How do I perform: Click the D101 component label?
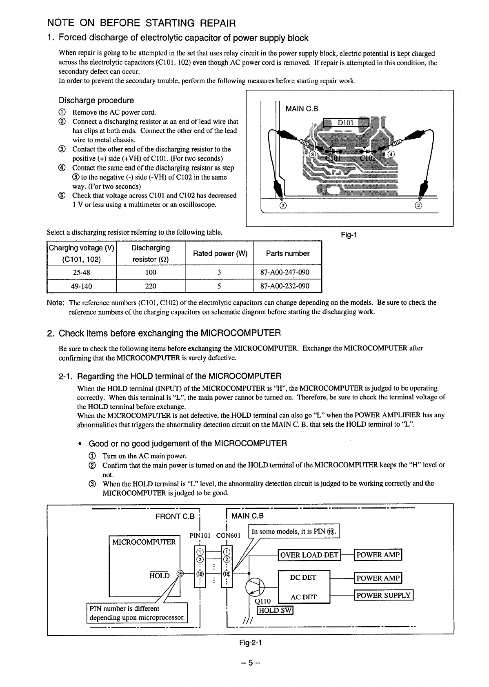coord(347,123)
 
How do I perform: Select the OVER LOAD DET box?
coord(309,555)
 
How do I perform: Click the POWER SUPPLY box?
coord(384,595)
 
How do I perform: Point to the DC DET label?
coord(303,578)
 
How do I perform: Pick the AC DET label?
coord(303,597)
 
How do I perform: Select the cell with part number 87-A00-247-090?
coord(288,272)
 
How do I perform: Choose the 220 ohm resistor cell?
coord(151,286)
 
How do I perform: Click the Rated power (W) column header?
coord(220,253)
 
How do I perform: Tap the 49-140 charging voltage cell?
coord(82,286)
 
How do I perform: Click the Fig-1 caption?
coord(349,235)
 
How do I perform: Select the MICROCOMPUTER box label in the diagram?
coord(144,542)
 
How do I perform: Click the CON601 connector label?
coord(229,535)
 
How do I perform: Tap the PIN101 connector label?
coord(200,535)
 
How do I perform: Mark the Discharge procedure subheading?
coord(96,100)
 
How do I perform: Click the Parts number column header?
coord(288,253)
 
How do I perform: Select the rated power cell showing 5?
coord(219,286)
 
